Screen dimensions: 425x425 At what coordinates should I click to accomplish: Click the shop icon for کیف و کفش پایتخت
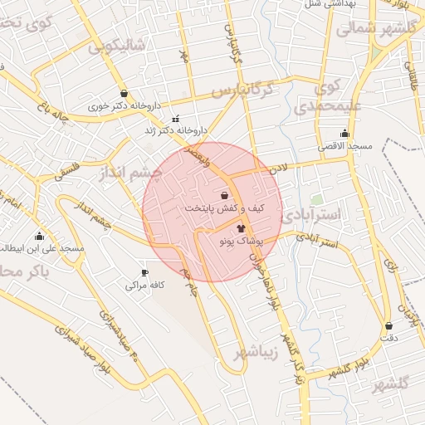pyautogui.click(x=225, y=195)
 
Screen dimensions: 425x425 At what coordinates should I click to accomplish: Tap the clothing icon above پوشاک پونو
pyautogui.click(x=241, y=227)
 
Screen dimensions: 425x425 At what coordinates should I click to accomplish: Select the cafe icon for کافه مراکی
pyautogui.click(x=145, y=273)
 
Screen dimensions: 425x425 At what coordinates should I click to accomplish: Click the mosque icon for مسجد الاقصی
pyautogui.click(x=344, y=134)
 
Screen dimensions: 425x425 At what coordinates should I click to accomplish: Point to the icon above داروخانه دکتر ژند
pyautogui.click(x=175, y=119)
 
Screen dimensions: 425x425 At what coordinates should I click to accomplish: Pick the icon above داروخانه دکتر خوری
pyautogui.click(x=125, y=94)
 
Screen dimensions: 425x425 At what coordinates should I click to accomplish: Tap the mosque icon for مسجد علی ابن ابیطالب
pyautogui.click(x=39, y=236)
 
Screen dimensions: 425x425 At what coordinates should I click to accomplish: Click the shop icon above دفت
pyautogui.click(x=388, y=326)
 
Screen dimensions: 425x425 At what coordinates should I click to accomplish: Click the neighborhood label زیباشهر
pyautogui.click(x=252, y=353)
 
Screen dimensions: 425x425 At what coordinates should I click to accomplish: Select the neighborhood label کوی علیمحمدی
pyautogui.click(x=317, y=96)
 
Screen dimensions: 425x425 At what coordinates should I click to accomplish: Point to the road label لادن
pyautogui.click(x=277, y=168)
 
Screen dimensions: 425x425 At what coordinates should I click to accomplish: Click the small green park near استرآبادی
pyautogui.click(x=317, y=200)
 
